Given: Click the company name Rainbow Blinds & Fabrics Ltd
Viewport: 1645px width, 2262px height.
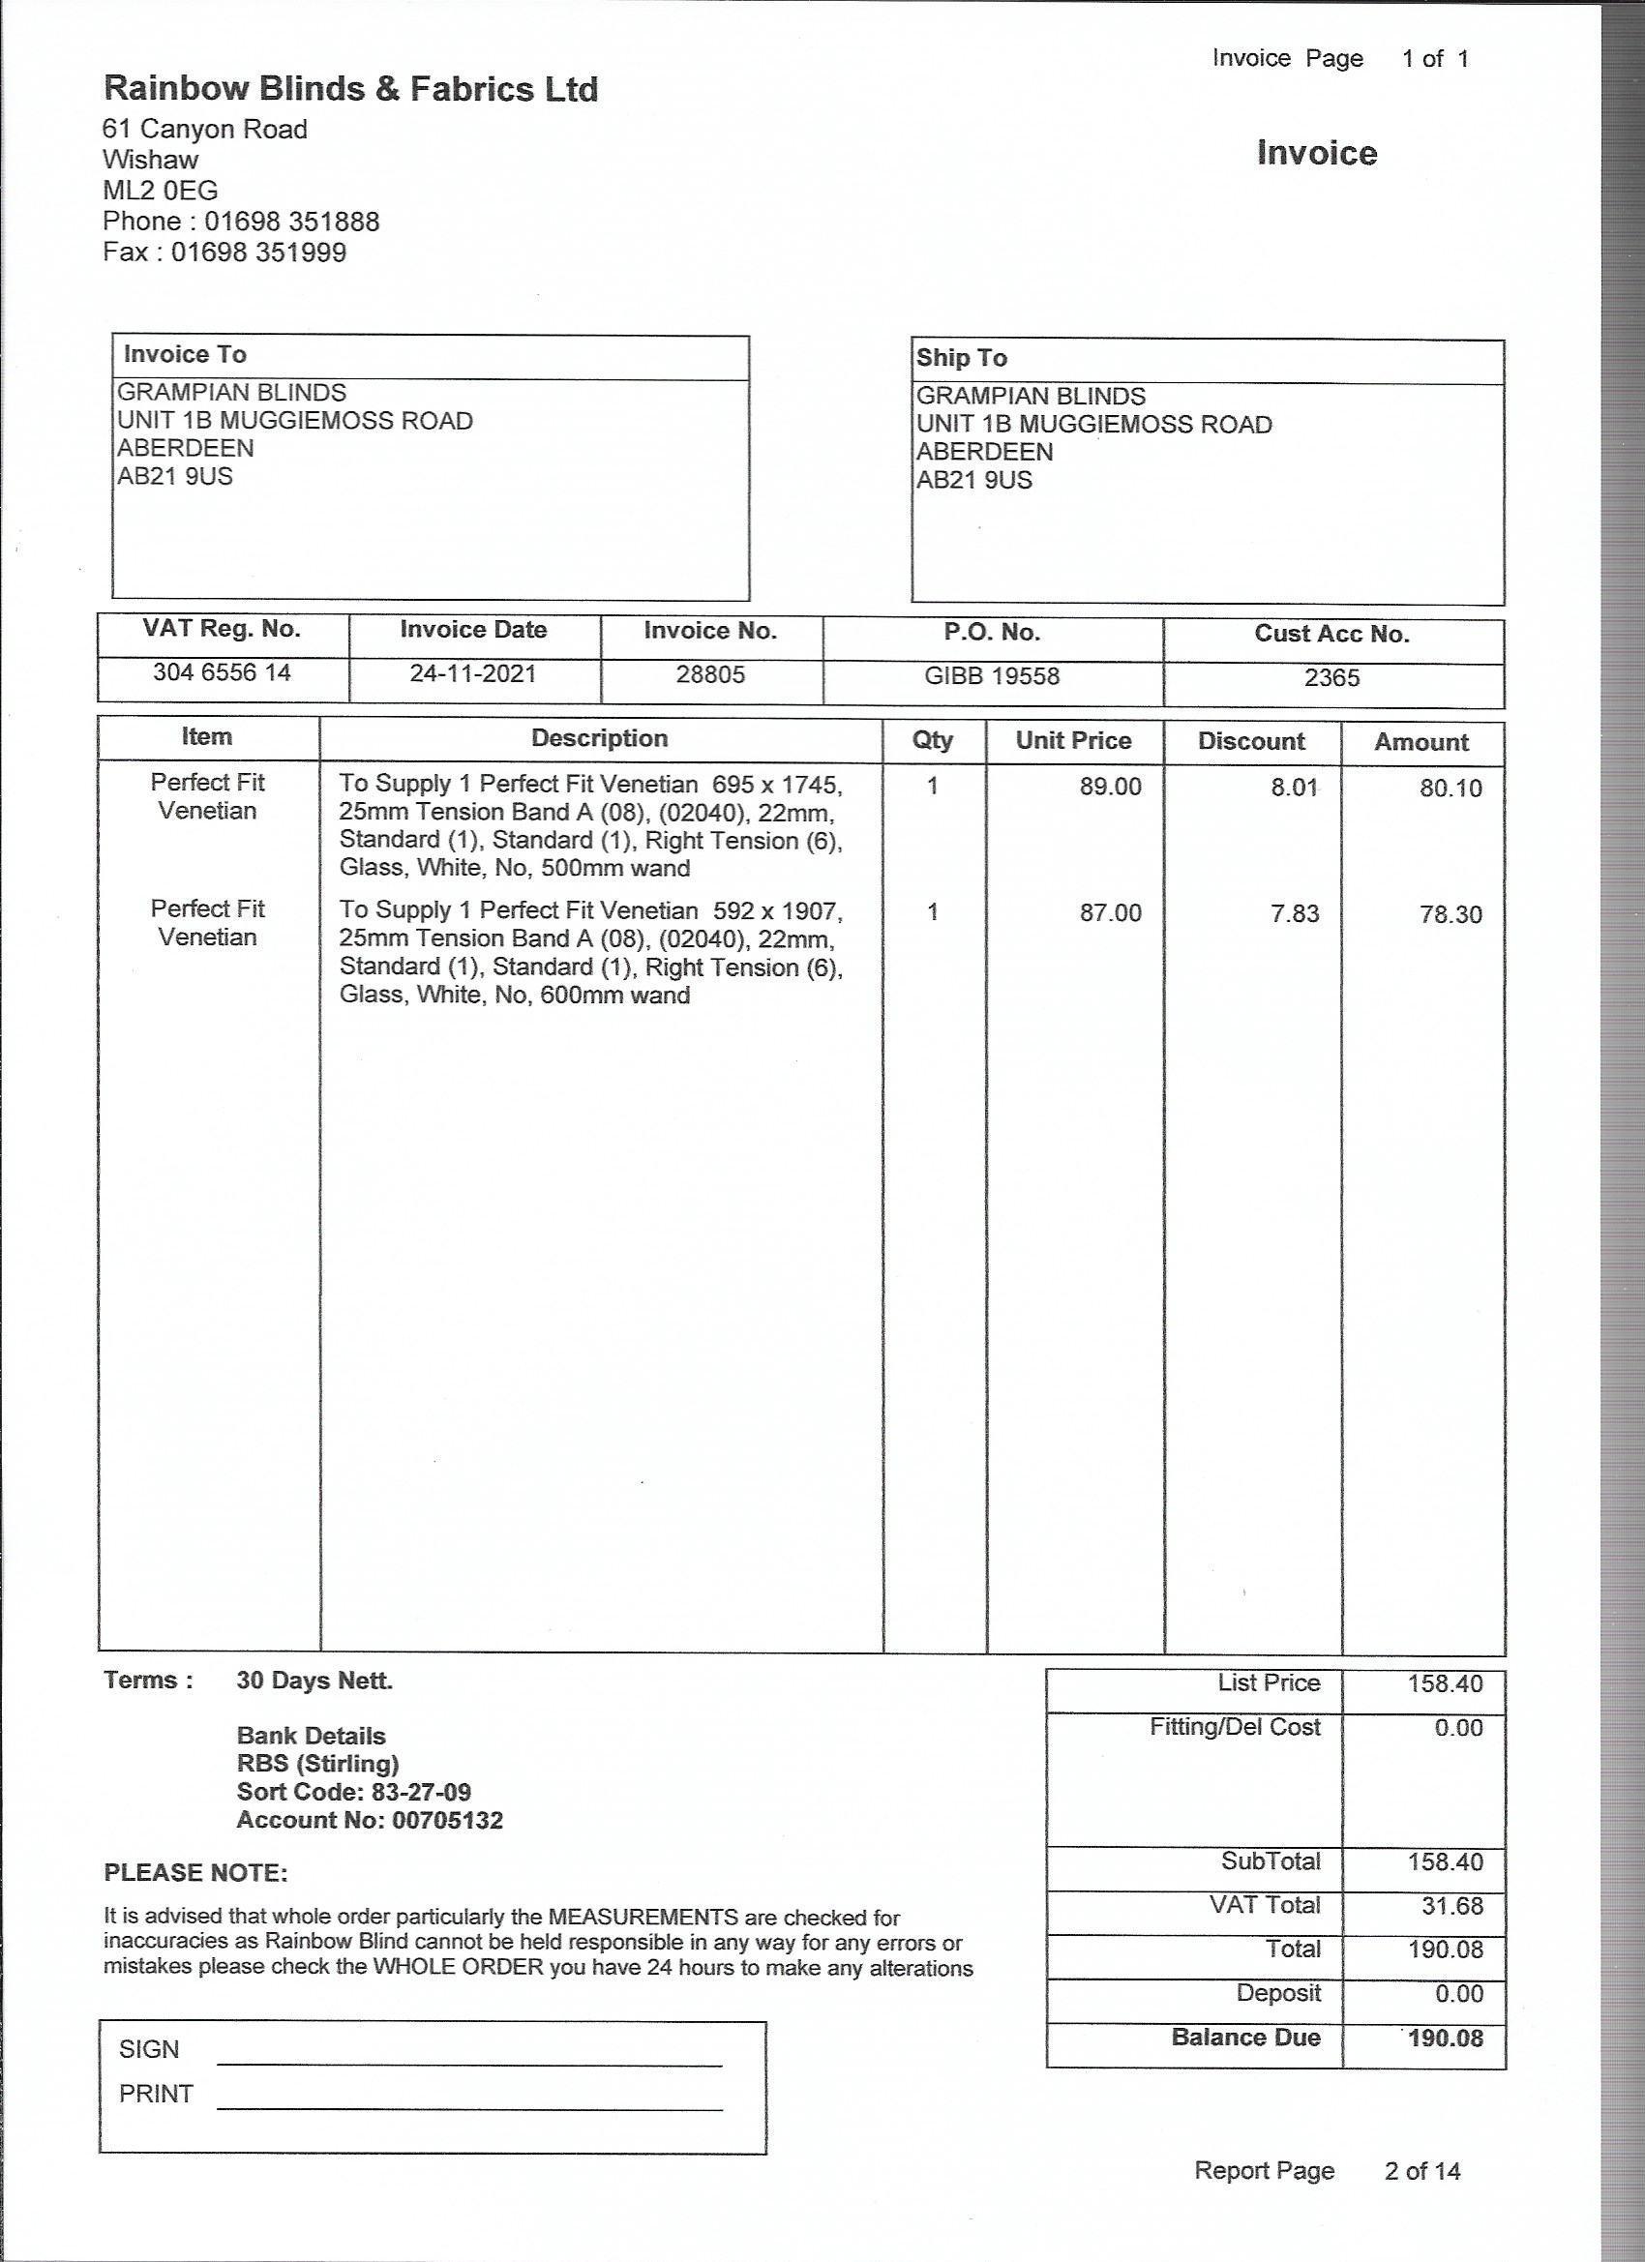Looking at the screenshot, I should tap(350, 90).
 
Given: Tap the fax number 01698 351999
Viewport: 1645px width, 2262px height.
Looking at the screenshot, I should tap(258, 253).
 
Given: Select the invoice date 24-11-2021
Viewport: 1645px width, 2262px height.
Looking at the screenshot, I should tap(473, 674).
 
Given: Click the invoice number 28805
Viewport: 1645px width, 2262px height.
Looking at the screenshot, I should tap(710, 675).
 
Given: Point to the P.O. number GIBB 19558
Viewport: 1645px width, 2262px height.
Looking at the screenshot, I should tap(992, 676).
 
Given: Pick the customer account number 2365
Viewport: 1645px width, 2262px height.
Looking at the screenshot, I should tap(1331, 678).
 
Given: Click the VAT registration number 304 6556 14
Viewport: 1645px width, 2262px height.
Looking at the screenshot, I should tap(222, 673).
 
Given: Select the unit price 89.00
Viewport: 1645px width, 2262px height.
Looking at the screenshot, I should tap(1109, 787).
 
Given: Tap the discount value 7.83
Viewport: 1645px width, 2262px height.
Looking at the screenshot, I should tap(1294, 913).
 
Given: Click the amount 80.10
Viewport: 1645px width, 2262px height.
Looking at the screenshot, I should tap(1451, 789).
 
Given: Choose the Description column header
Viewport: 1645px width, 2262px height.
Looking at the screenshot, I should tap(600, 739).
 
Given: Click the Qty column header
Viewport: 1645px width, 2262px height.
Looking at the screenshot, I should tap(933, 740).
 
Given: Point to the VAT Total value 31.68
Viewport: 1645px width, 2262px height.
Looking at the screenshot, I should tap(1451, 1906).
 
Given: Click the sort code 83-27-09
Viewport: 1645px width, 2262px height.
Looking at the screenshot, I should tap(421, 1792).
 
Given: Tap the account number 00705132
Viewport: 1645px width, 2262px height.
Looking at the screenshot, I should tap(447, 1820).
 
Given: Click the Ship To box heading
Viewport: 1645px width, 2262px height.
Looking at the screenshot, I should tap(962, 358).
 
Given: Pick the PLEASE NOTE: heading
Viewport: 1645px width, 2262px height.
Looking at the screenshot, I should tap(195, 1873).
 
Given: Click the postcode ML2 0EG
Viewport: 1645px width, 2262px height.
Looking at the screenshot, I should tap(160, 191).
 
